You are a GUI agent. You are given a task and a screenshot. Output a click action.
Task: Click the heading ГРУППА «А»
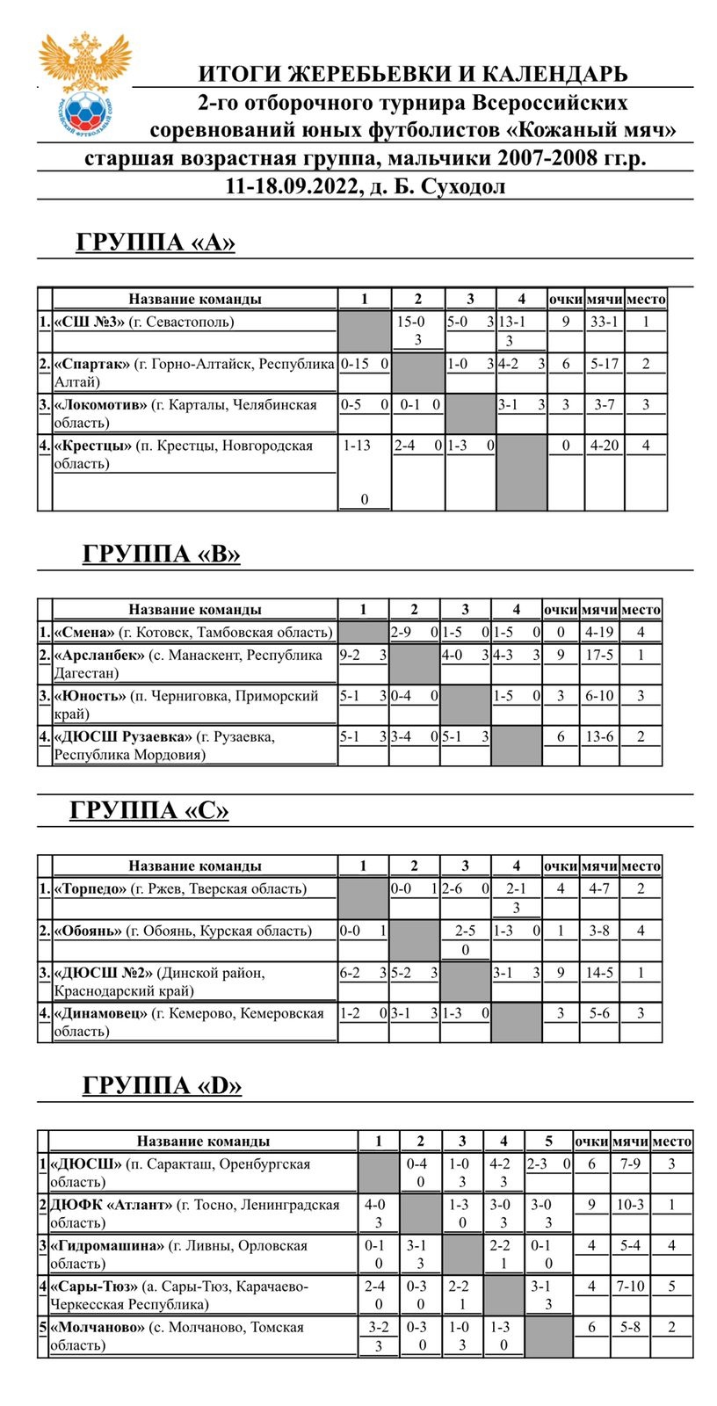pos(156,243)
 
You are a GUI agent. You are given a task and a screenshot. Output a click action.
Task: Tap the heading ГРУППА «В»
pos(161,554)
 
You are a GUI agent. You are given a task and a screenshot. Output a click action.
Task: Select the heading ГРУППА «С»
pos(149,809)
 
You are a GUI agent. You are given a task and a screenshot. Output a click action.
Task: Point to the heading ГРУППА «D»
pos(162,1085)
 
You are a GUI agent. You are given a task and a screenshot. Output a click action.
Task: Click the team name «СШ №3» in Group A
pos(91,322)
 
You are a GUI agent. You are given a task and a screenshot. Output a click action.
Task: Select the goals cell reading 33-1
pos(604,322)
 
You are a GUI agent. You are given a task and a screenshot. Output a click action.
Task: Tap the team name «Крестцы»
pos(92,446)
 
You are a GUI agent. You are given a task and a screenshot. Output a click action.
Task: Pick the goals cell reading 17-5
pos(599,655)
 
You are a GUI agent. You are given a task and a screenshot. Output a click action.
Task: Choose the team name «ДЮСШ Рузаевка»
pos(123,736)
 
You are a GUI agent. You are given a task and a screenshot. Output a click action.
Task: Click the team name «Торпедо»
pos(91,888)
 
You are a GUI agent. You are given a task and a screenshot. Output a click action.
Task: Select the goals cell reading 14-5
pos(599,973)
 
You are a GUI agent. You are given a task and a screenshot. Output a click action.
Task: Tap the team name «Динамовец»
pos(101,1013)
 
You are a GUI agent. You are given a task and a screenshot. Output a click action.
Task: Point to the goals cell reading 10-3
pos(629,1205)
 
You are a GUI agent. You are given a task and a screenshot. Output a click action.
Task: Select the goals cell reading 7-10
pos(630,1286)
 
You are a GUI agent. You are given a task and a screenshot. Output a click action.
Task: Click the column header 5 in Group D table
pos(548,1141)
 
